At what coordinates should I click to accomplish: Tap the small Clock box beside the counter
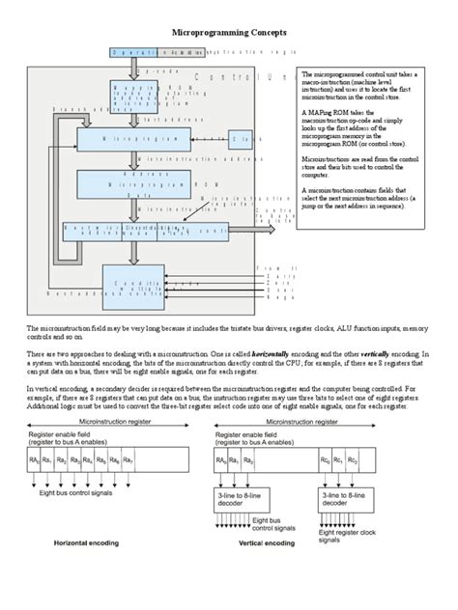point(246,139)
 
